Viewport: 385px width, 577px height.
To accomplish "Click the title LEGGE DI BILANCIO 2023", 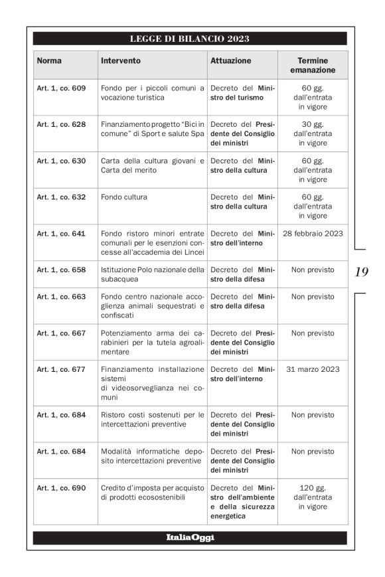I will point(189,39).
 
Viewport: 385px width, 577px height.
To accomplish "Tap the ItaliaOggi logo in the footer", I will point(190,537).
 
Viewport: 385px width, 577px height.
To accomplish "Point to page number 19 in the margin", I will point(362,271).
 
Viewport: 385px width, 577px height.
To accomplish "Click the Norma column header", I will point(49,60).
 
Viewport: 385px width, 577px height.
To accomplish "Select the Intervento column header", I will point(121,60).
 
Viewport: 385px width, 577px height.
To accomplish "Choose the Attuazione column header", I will point(231,60).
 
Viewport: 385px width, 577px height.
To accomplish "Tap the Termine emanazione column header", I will point(312,65).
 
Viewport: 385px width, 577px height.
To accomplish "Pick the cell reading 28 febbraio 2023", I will point(313,234).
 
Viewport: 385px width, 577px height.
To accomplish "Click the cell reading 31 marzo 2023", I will point(313,369).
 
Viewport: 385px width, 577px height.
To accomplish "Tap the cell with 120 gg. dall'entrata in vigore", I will point(313,497).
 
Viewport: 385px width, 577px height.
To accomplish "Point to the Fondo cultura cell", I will point(124,197).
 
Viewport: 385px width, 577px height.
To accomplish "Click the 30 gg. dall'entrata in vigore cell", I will point(313,133).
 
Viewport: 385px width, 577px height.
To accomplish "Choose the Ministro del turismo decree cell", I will point(242,93).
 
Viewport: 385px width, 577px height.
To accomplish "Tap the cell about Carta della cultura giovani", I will point(152,165).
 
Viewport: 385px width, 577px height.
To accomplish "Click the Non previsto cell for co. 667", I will point(313,333).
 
